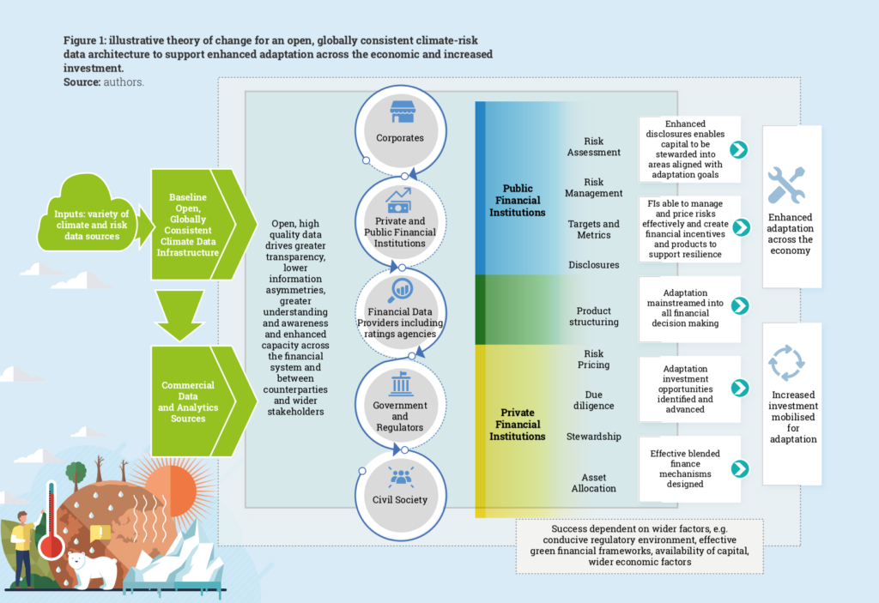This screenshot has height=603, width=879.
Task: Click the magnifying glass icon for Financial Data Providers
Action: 400,290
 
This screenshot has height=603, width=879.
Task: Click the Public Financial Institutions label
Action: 524,200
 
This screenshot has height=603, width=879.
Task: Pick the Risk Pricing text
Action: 593,359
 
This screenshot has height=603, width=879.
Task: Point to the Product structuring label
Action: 593,316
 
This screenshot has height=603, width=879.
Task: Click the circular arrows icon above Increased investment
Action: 785,363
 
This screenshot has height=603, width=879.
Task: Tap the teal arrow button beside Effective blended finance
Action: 738,468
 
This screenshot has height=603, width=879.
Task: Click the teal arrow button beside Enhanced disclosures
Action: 738,150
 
